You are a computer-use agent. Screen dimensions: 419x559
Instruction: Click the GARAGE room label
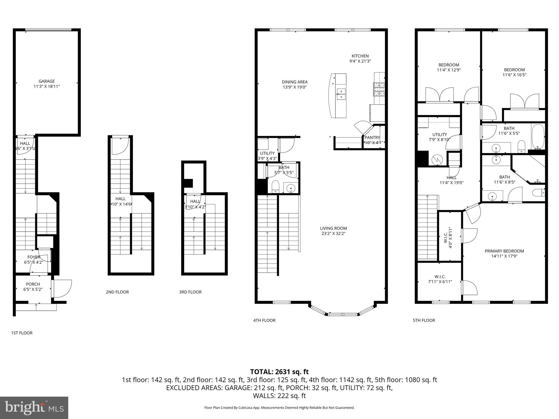point(46,81)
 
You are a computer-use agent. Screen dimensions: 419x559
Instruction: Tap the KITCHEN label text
point(360,56)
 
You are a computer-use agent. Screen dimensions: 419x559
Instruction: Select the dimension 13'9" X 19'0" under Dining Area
point(295,87)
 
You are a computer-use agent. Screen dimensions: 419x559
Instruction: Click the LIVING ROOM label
point(333,228)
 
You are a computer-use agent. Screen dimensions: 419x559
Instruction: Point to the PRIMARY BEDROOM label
point(504,251)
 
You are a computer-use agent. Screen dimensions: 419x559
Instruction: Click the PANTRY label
point(372,137)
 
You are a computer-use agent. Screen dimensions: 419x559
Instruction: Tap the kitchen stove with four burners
point(379,89)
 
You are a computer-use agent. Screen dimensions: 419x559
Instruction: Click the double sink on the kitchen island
point(341,94)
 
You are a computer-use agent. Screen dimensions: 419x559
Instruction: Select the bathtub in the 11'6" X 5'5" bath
point(538,136)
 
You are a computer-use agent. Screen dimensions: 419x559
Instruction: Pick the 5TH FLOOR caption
point(424,320)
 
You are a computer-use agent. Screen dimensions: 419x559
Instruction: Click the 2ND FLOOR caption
point(117,292)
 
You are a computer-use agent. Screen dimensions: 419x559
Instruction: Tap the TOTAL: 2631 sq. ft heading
point(279,372)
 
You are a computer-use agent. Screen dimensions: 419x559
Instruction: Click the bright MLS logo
point(34,408)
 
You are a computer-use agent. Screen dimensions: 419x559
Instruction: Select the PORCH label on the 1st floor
point(33,284)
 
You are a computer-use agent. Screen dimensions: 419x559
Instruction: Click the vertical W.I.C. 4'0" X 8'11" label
point(448,237)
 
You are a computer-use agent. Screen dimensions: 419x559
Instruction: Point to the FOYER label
point(34,257)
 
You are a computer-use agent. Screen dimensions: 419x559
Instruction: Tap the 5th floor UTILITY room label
point(439,134)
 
